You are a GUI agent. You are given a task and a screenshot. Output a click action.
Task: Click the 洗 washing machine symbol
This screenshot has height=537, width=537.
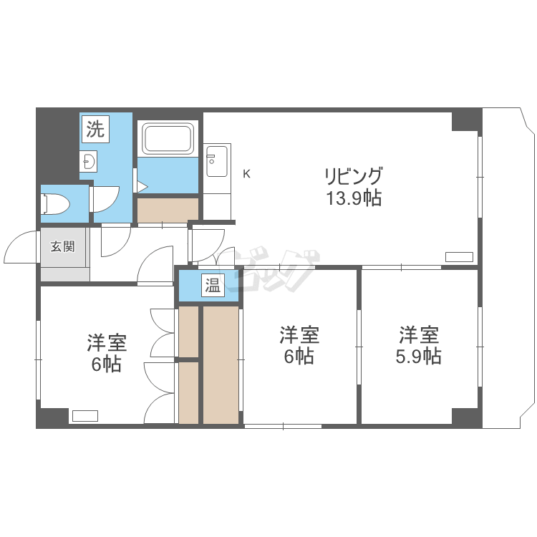(x=95, y=129)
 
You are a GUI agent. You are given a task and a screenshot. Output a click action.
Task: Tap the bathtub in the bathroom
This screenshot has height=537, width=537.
(x=168, y=139)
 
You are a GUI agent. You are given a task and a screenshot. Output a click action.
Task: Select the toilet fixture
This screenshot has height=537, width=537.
(x=55, y=205)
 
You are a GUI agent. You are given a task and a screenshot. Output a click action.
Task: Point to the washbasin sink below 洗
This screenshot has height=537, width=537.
(x=88, y=161)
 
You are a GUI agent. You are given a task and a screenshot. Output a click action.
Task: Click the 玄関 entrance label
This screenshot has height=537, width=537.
(x=63, y=246)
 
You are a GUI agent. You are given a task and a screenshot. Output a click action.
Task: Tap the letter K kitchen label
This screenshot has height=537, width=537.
(x=246, y=174)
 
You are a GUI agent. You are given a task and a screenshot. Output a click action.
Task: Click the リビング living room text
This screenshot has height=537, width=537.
(x=353, y=177)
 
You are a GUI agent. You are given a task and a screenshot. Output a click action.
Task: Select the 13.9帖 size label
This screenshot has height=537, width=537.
(x=354, y=198)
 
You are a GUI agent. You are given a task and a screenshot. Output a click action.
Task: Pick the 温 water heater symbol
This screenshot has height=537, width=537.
(x=213, y=285)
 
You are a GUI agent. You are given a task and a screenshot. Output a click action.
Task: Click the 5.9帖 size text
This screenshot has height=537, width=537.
(x=419, y=356)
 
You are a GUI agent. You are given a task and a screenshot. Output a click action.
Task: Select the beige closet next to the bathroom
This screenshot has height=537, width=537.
(x=168, y=210)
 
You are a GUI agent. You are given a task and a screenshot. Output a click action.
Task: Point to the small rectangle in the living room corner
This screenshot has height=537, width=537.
(x=459, y=256)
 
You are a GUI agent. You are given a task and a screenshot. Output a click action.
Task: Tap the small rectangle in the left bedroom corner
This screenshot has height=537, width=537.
(x=85, y=415)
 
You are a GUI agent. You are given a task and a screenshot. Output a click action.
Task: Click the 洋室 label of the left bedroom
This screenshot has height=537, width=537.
(x=107, y=342)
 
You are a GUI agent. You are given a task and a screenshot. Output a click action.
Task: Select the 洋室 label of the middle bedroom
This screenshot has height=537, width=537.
(x=300, y=335)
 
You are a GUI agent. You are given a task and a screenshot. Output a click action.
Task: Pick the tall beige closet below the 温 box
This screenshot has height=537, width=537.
(x=221, y=364)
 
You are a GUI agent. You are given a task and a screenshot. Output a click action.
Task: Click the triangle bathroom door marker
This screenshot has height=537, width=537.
(x=142, y=187)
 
